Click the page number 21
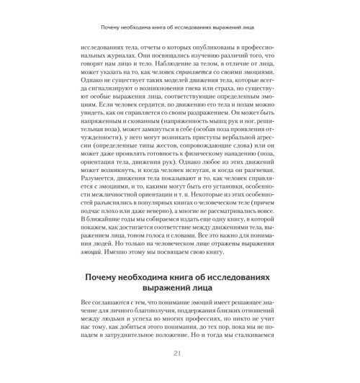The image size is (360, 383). click(x=179, y=353)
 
